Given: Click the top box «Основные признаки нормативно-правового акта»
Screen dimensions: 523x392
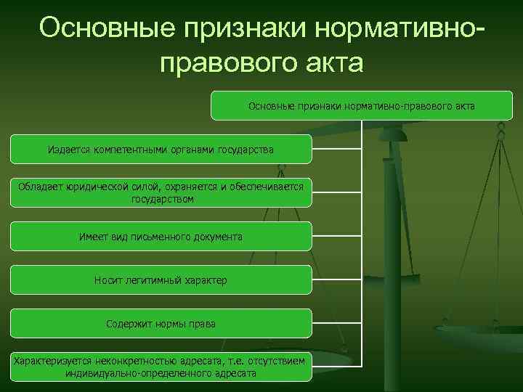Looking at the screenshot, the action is click(x=362, y=106).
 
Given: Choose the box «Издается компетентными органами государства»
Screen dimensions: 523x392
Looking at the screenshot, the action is click(x=161, y=149).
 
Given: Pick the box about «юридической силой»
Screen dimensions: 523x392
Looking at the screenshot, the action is click(x=161, y=192).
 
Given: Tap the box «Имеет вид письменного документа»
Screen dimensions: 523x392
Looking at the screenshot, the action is click(x=161, y=237).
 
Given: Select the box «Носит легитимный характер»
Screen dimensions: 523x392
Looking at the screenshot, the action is click(x=161, y=280).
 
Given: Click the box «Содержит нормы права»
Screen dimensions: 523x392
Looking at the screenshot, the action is click(x=161, y=323).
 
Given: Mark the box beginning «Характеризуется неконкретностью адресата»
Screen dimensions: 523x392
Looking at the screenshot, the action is click(x=161, y=367).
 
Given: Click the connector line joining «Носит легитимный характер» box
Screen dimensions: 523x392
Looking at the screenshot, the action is click(x=336, y=280).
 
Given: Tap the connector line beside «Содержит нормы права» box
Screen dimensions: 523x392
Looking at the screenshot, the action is click(x=336, y=323).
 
